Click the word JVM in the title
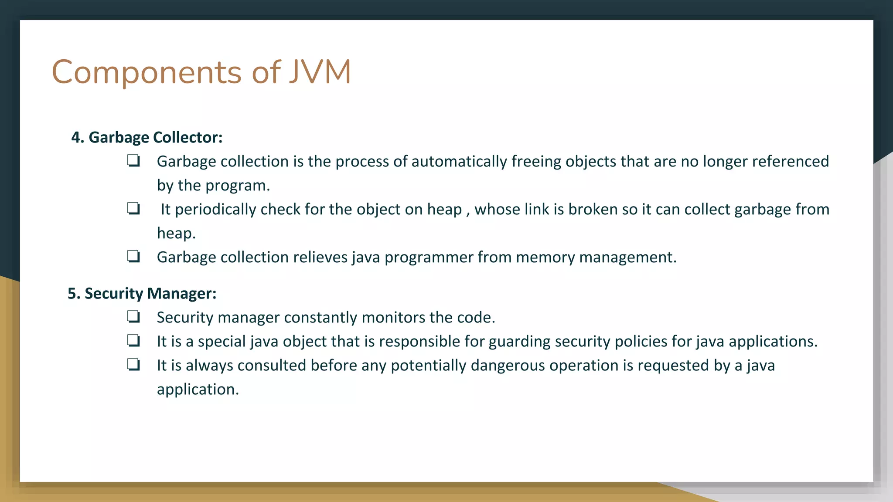pyautogui.click(x=320, y=72)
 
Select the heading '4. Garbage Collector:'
pyautogui.click(x=147, y=137)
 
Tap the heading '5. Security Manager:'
pyautogui.click(x=142, y=293)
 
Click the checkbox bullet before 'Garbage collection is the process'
pyautogui.click(x=133, y=161)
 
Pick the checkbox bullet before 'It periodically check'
pyautogui.click(x=133, y=209)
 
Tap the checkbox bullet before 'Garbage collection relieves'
pyautogui.click(x=133, y=256)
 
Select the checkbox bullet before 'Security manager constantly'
pyautogui.click(x=133, y=317)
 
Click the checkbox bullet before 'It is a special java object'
pyautogui.click(x=133, y=340)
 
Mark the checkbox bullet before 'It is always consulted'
pyautogui.click(x=133, y=364)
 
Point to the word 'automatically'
pyautogui.click(x=459, y=162)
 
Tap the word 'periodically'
pyautogui.click(x=215, y=210)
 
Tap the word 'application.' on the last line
pyautogui.click(x=198, y=390)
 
